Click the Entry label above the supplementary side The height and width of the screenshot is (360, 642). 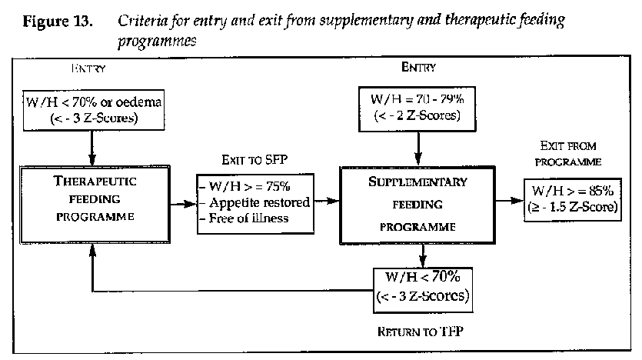[x=418, y=67]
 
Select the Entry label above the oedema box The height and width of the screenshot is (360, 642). [x=87, y=69]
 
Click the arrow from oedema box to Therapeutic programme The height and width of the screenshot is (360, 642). [x=93, y=144]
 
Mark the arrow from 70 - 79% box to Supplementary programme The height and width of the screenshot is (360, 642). [x=418, y=145]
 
